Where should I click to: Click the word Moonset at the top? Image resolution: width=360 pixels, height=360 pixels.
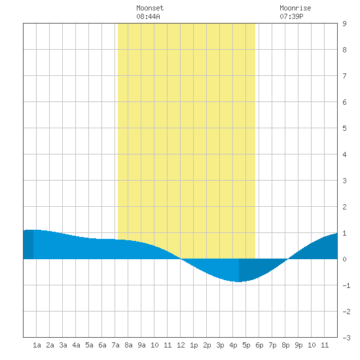(150, 8)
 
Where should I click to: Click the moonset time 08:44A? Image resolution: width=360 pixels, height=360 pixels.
(148, 16)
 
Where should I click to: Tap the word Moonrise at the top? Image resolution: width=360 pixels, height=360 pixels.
(295, 8)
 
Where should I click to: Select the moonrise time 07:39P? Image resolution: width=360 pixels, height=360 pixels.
(291, 16)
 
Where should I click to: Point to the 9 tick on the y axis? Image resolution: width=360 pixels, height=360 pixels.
(344, 24)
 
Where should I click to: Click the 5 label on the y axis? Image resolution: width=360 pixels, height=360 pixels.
(344, 128)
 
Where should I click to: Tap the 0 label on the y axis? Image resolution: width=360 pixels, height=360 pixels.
(344, 259)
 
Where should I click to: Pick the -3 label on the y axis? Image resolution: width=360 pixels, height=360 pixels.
(346, 338)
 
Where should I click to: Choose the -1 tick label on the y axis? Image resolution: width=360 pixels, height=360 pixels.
(346, 285)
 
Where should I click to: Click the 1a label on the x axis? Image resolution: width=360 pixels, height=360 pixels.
(37, 345)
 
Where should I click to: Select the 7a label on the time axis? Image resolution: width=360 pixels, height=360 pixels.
(115, 345)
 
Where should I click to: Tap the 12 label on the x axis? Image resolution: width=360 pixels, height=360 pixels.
(181, 345)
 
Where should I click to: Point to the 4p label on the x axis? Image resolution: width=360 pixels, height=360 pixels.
(233, 345)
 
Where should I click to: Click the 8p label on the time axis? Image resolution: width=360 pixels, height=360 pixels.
(285, 345)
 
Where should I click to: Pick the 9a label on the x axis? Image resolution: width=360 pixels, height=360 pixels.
(141, 345)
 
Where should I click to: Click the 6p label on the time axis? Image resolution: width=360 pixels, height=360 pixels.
(259, 345)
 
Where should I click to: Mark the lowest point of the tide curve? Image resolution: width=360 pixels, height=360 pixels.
(239, 281)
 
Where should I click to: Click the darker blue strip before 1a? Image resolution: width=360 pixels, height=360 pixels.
(28, 244)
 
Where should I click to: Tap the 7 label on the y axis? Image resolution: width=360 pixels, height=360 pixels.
(344, 76)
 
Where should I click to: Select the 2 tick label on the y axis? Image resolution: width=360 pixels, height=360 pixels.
(344, 207)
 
